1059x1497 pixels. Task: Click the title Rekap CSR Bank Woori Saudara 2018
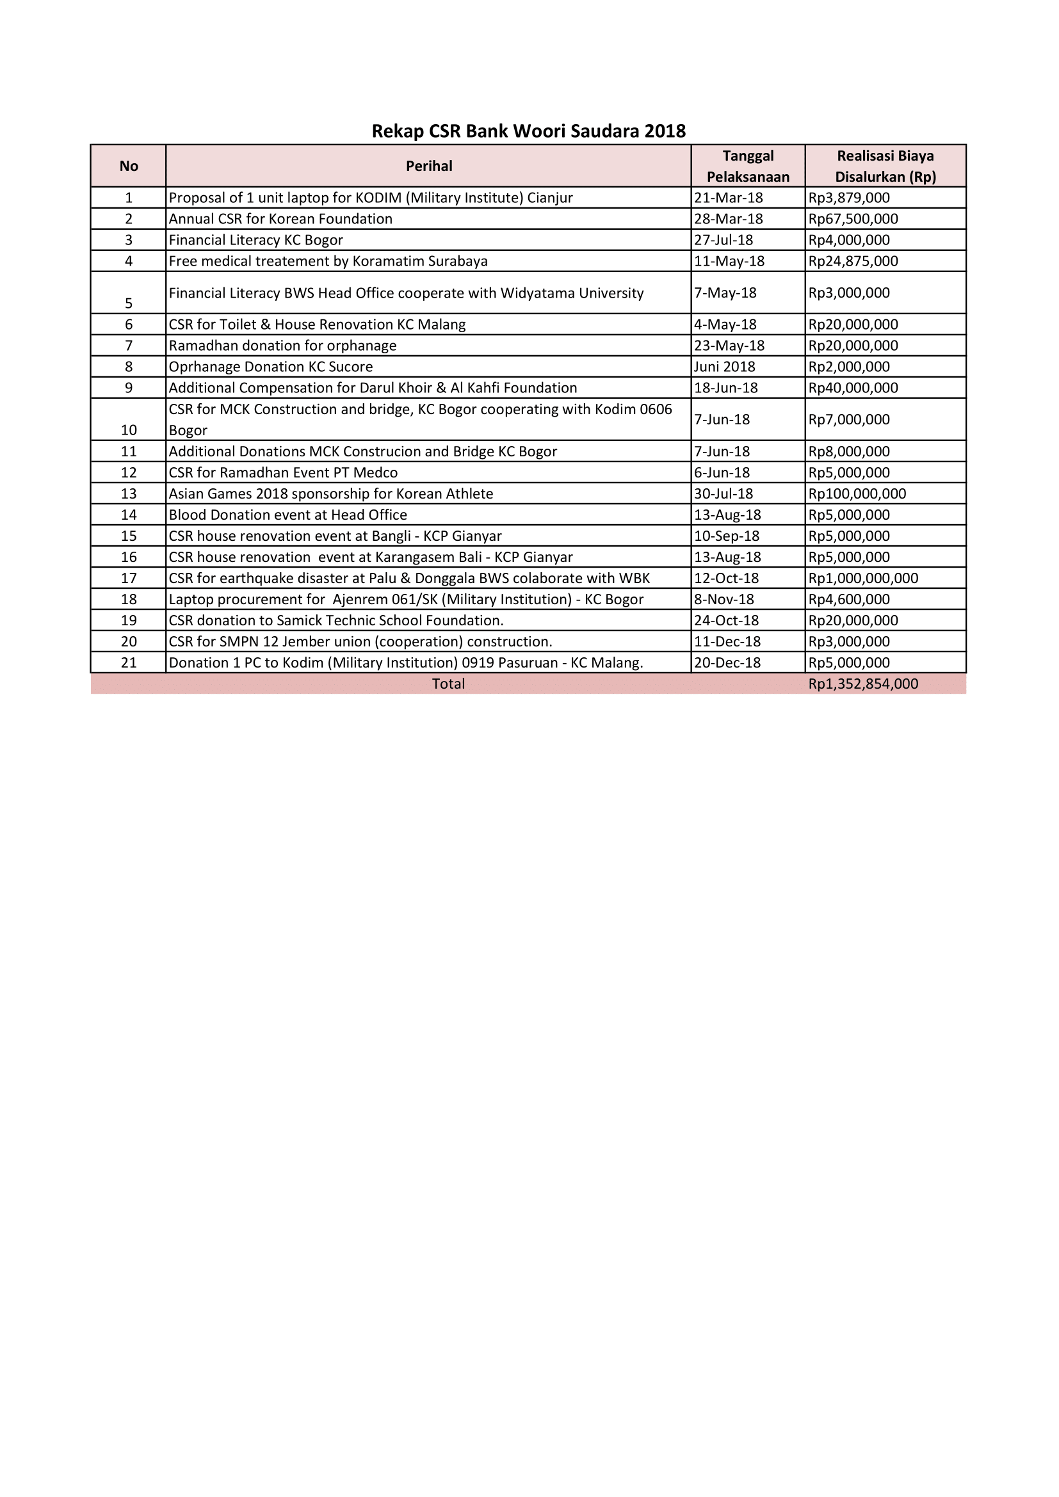(528, 131)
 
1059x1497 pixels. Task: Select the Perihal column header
(428, 166)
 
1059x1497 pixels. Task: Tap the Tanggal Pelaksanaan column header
(748, 166)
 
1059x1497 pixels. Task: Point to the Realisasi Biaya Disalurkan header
(885, 166)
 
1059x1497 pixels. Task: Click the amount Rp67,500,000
(853, 219)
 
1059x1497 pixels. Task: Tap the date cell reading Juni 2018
(725, 367)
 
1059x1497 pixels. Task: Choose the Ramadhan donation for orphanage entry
(282, 346)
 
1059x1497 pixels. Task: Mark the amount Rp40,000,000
(853, 388)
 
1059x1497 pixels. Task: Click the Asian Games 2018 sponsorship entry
(330, 493)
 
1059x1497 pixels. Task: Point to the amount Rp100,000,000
(857, 493)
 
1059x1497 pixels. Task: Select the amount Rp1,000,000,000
(862, 579)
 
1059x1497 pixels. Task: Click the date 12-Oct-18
(727, 579)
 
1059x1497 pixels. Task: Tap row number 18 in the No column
(129, 599)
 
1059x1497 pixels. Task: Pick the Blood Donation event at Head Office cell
(287, 515)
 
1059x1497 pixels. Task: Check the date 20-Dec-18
(727, 662)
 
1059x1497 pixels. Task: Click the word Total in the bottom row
(448, 684)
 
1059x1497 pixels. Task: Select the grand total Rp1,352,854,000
(862, 684)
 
